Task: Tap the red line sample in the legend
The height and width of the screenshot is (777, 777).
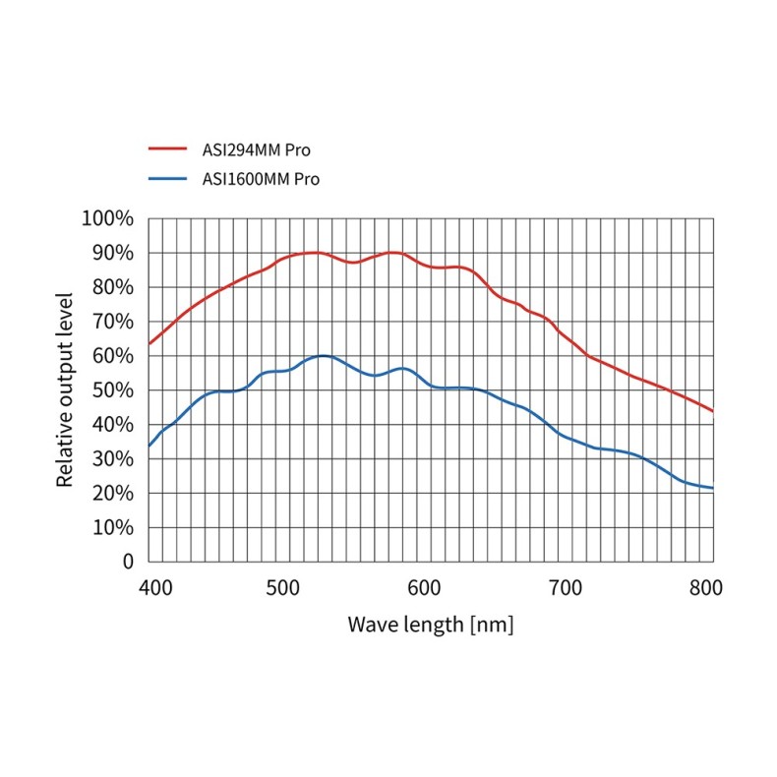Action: coord(167,149)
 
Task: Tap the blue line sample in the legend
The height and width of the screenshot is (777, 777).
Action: coord(167,178)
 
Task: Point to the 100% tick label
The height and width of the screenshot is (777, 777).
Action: coord(107,218)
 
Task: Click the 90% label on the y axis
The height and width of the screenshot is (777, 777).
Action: coord(111,253)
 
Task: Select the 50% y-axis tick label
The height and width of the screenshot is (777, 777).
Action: coord(111,390)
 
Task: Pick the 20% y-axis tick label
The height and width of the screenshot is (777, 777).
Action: coord(111,493)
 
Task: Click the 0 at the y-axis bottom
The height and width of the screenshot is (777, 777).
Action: coord(128,562)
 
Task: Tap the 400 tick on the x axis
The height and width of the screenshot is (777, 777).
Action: coord(153,588)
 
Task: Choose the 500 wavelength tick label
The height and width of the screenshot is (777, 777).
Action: coord(284,588)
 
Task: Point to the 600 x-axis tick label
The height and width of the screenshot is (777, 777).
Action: coord(424,588)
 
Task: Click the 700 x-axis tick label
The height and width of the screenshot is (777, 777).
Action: coord(565,588)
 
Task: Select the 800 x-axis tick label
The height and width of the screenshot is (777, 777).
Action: coord(705,588)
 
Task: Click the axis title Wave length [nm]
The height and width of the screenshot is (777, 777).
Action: coord(430,625)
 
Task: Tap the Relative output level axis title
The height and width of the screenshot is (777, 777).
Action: coord(65,389)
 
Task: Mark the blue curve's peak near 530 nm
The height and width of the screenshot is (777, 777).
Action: coord(322,355)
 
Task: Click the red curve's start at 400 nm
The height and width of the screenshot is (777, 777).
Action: coord(149,343)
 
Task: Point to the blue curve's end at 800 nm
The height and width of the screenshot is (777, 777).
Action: coord(712,488)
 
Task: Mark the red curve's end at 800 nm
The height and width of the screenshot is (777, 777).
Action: coord(712,411)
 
